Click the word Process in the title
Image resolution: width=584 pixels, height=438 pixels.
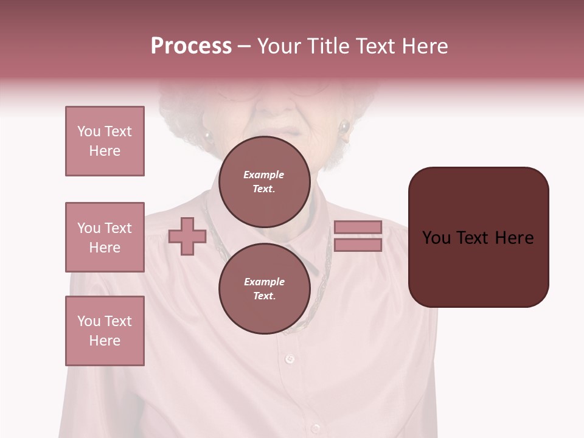pos(191,46)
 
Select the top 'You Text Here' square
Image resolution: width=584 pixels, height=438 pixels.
pos(105,141)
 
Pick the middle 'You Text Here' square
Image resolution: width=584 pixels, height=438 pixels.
pos(105,237)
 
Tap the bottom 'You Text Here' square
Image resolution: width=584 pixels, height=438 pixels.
pos(105,331)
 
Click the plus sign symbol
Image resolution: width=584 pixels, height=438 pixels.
pos(187,236)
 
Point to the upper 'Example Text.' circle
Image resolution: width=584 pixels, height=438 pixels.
pos(264,182)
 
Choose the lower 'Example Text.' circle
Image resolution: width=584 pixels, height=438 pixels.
pos(264,289)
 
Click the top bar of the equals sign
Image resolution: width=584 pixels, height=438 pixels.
pos(358,227)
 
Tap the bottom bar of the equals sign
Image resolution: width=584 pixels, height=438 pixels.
pos(358,245)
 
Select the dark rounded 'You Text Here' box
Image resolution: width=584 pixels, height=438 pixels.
pos(478,237)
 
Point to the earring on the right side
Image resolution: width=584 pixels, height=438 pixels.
pos(345,128)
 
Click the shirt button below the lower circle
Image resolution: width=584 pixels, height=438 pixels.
pos(290,359)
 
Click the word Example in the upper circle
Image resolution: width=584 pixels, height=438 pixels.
pos(263,175)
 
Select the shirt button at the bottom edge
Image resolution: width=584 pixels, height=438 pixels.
pos(316,428)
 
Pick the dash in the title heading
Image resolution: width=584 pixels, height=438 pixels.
pos(244,46)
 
